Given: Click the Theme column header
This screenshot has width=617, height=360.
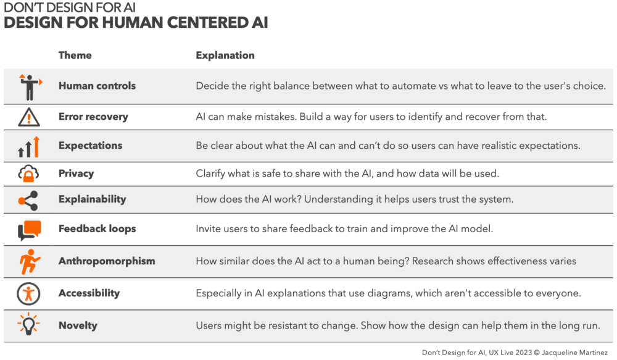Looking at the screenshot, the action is tap(75, 55).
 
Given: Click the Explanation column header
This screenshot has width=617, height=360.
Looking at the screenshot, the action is tap(225, 55).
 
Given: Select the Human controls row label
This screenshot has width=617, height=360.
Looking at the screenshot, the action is tap(97, 85).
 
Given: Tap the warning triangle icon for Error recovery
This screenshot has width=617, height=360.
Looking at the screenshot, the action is tap(29, 117).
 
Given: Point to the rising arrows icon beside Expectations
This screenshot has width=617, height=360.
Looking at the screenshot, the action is tap(29, 146).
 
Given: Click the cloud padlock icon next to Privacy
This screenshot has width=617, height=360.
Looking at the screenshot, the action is tap(28, 174).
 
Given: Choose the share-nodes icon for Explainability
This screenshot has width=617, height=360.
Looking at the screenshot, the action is tap(28, 201).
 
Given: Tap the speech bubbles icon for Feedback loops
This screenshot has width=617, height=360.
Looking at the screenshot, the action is tap(30, 230).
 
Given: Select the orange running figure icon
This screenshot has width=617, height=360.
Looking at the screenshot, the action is tap(30, 262).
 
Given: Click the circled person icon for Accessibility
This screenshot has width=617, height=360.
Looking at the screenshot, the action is tap(28, 294).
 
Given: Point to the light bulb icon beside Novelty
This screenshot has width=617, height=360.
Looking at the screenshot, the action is tap(28, 324).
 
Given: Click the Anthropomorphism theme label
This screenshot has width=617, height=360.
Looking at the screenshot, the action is tap(107, 261).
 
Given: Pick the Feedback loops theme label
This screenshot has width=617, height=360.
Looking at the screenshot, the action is tap(97, 229).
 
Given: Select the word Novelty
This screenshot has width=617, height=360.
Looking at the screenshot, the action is tap(78, 325).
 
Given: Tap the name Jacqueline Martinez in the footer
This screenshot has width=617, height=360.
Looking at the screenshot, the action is tap(574, 353).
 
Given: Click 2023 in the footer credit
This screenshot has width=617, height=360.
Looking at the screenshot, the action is tap(524, 353).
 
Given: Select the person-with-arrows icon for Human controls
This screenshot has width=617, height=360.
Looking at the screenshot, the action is tap(30, 87).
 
